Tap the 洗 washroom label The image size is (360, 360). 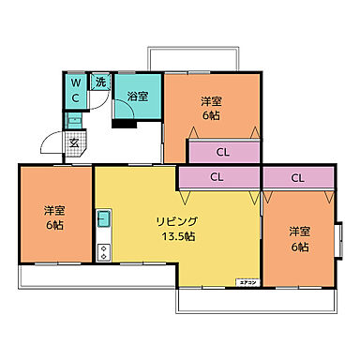point(100,82)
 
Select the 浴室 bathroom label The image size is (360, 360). point(137,96)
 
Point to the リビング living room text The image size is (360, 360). point(176,221)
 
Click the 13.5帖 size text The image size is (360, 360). point(176,237)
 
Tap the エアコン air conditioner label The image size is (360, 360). point(247,281)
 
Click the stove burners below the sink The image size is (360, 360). point(104,250)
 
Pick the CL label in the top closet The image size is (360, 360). point(223,151)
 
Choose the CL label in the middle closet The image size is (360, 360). point(217,176)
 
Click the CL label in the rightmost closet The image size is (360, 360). point(297,176)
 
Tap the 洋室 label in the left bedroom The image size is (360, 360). point(53,210)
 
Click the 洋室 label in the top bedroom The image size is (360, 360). point(210,101)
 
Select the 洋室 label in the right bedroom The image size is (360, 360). point(299,231)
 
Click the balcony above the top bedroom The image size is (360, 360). point(193,60)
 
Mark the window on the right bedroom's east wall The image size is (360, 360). point(340,236)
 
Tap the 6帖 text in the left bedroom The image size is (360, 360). point(53,226)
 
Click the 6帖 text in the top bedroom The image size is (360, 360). point(210,117)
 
